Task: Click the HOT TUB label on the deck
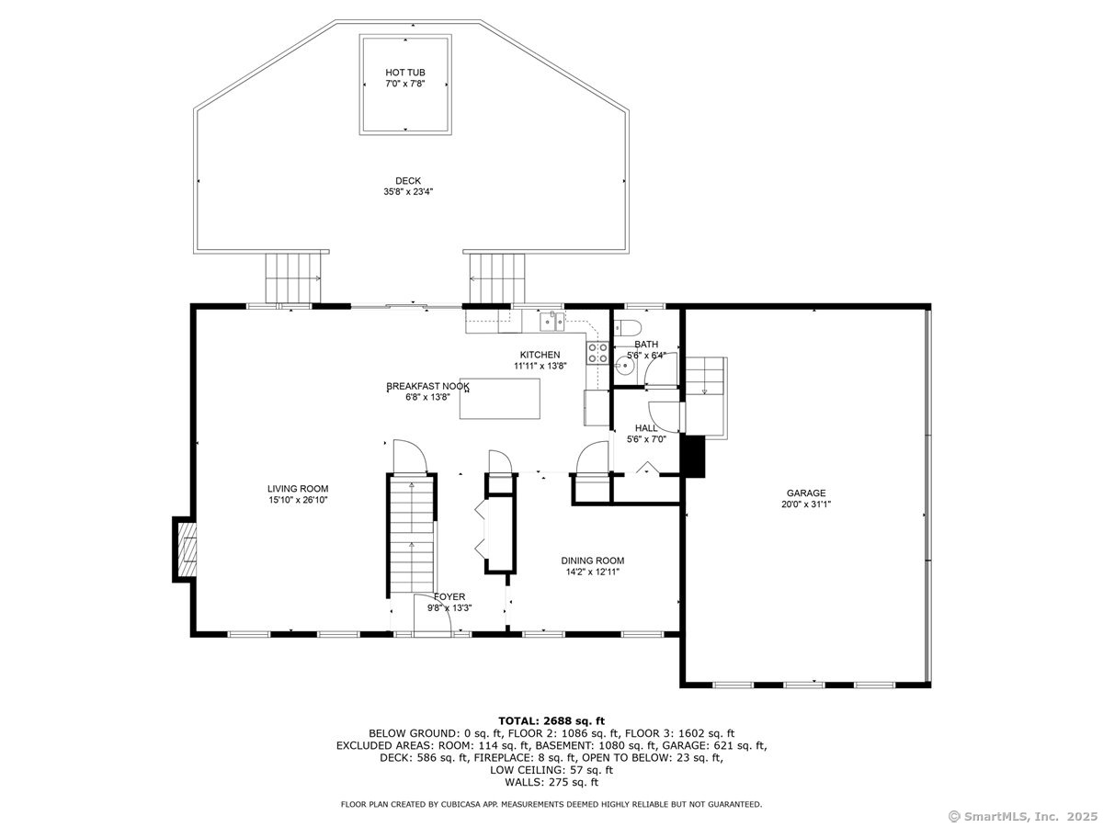pos(405,73)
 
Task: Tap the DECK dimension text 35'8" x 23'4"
pos(408,191)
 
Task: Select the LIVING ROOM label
pos(298,489)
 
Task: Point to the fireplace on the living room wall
pos(185,549)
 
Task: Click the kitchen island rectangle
pos(499,399)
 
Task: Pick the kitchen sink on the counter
pos(552,322)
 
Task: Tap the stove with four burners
pos(598,352)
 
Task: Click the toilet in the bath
pos(627,328)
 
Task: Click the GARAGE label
pos(806,493)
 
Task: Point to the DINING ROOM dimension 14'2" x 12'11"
pos(593,572)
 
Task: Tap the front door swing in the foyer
pos(432,615)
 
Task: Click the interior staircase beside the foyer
pos(412,536)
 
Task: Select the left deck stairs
pos(293,278)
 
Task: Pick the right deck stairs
pos(497,278)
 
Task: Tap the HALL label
pos(646,428)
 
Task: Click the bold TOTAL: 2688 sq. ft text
pos(551,721)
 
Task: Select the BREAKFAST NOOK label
pos(427,386)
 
